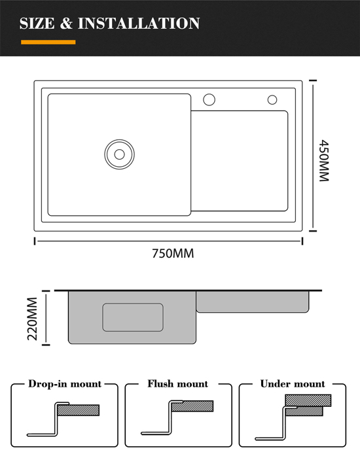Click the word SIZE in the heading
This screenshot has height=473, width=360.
pyautogui.click(x=37, y=24)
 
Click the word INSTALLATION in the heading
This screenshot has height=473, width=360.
pyautogui.click(x=139, y=24)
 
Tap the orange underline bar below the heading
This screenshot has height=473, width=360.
pyautogui.click(x=48, y=43)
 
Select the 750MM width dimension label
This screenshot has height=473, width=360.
pyautogui.click(x=173, y=253)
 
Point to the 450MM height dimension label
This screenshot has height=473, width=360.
pyautogui.click(x=324, y=160)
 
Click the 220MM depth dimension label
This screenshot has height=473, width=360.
pyautogui.click(x=32, y=319)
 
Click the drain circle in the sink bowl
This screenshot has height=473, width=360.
pyautogui.click(x=120, y=154)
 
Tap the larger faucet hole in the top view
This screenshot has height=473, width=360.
pyautogui.click(x=209, y=99)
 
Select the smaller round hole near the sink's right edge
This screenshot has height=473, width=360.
pyautogui.click(x=272, y=99)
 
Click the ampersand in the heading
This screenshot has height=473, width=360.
pyautogui.click(x=66, y=24)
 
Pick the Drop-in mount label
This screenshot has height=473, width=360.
pyautogui.click(x=65, y=384)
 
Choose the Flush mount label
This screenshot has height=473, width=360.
pyautogui.click(x=178, y=384)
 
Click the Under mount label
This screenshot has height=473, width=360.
pyautogui.click(x=293, y=384)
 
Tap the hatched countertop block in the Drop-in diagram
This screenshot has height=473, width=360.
pyautogui.click(x=78, y=410)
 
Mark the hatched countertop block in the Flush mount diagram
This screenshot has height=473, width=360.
pyautogui.click(x=192, y=406)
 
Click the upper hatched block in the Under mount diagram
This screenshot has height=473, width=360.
pyautogui.click(x=308, y=400)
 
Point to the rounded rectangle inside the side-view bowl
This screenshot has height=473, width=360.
pyautogui.click(x=133, y=317)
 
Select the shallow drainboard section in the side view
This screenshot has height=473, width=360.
pyautogui.click(x=253, y=302)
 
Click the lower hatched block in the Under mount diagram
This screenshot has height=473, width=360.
pyautogui.click(x=304, y=411)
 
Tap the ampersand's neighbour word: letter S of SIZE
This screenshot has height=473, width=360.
pyautogui.click(x=24, y=24)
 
